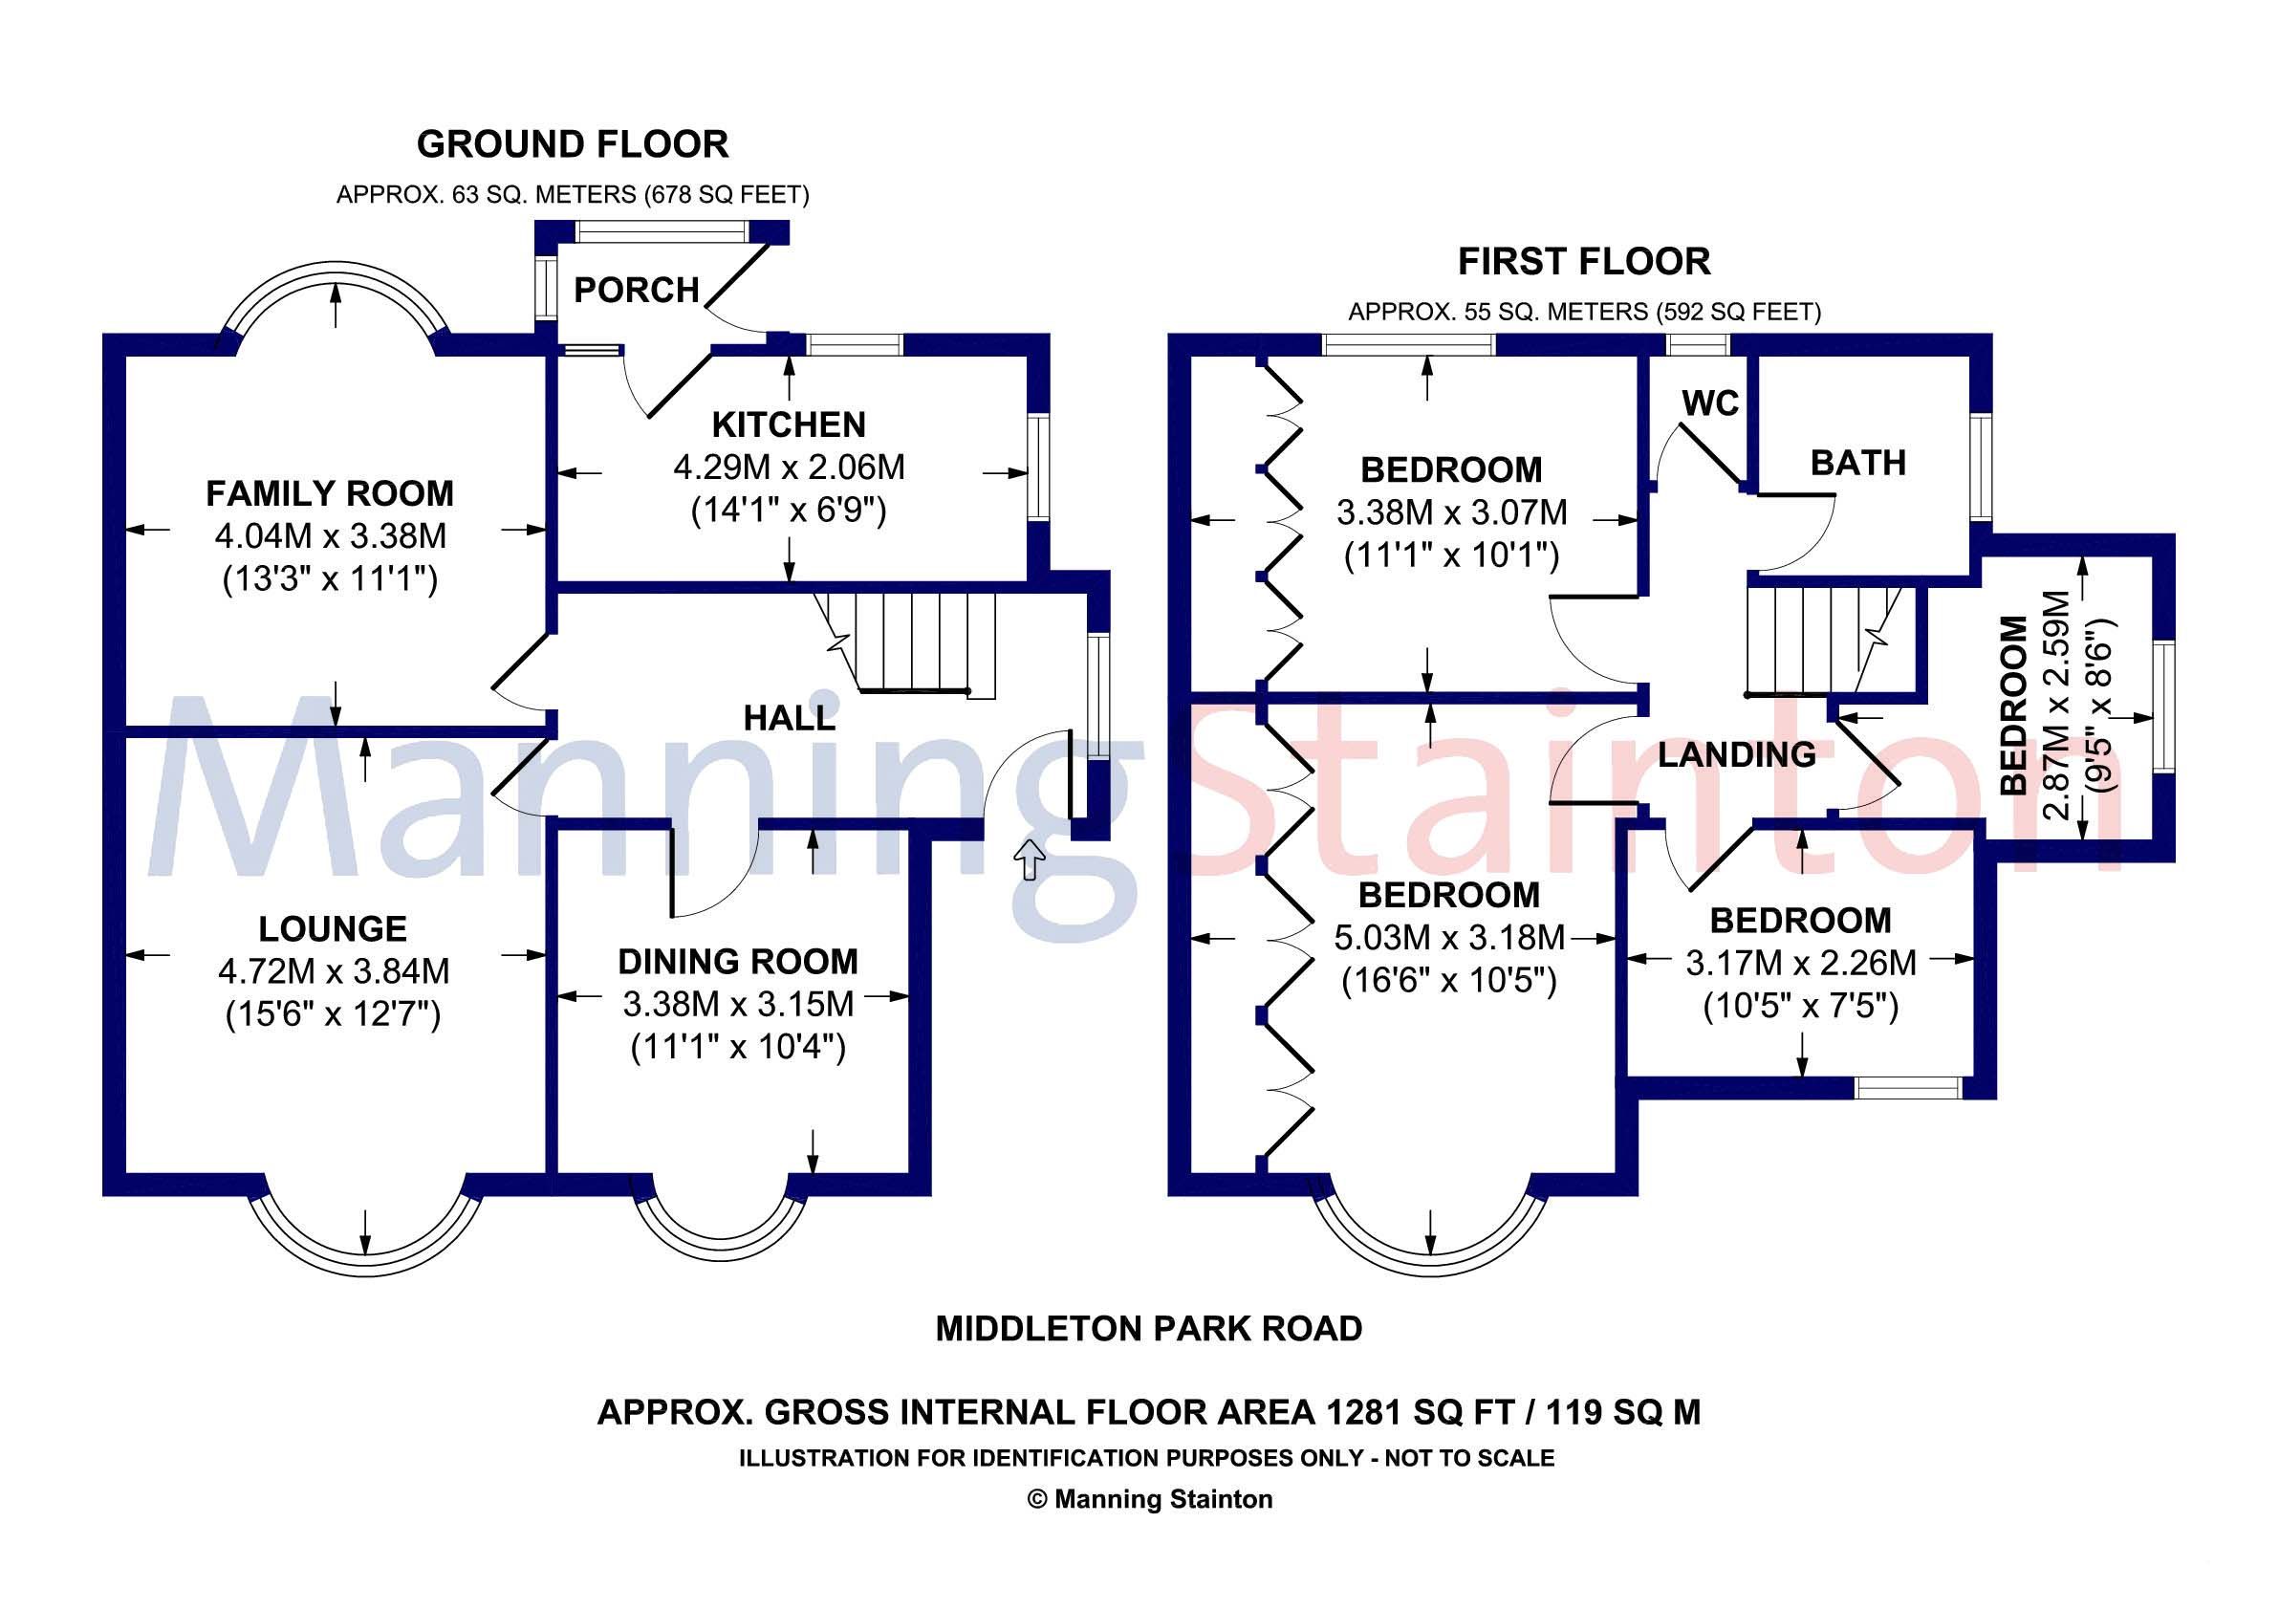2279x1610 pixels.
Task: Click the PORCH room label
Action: point(637,290)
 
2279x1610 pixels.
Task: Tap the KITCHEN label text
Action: point(788,424)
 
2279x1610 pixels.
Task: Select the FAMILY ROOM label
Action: point(330,493)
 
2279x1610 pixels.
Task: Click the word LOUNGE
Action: point(333,929)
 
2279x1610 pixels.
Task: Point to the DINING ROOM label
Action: point(737,962)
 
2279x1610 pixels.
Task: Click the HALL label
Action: point(789,718)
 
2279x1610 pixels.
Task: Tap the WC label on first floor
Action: point(1709,403)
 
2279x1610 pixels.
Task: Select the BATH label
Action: point(1858,463)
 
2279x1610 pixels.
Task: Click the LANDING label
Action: point(1737,754)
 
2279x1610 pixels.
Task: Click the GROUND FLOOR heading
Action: point(573,145)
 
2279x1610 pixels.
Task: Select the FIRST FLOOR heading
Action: point(1584,262)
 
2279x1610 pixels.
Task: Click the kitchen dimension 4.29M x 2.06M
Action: point(789,468)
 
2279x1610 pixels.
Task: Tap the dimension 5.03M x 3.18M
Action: point(1450,938)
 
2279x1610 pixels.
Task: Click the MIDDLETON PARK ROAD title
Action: point(1148,1328)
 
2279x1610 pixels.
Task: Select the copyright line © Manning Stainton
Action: point(1148,1499)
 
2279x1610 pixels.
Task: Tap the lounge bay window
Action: point(365,1241)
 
